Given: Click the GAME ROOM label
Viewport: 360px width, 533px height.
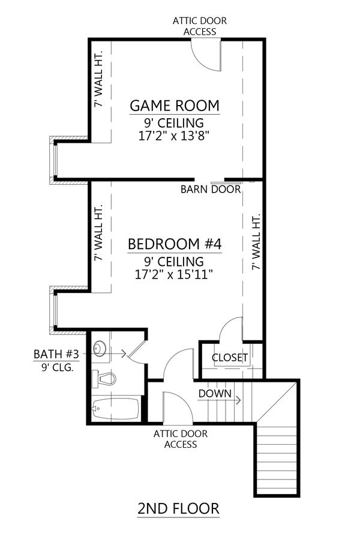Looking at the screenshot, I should pyautogui.click(x=175, y=106).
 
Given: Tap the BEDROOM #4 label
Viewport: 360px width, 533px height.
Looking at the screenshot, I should pyautogui.click(x=175, y=244).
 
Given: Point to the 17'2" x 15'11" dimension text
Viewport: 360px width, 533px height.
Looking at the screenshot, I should pyautogui.click(x=175, y=274).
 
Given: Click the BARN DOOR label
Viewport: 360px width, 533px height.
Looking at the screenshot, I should pyautogui.click(x=211, y=190).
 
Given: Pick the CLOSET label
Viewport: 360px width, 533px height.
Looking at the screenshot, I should pyautogui.click(x=230, y=358).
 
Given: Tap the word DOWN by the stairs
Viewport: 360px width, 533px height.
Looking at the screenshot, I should pyautogui.click(x=214, y=393).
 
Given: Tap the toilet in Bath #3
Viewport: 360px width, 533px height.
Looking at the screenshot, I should pyautogui.click(x=104, y=379).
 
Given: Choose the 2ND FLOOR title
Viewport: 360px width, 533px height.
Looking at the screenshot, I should pyautogui.click(x=178, y=509).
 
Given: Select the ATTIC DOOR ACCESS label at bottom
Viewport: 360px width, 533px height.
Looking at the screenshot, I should pyautogui.click(x=176, y=439).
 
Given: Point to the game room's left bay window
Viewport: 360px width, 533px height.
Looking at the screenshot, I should pyautogui.click(x=54, y=161).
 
